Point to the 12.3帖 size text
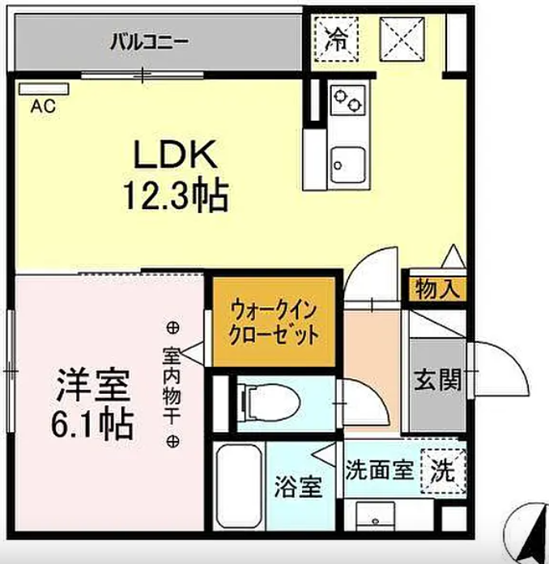(x=175, y=194)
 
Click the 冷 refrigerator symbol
(x=334, y=38)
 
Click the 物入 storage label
(x=437, y=288)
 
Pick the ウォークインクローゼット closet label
(x=273, y=323)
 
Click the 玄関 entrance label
(x=438, y=378)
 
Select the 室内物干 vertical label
(x=172, y=385)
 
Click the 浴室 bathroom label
(x=297, y=487)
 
